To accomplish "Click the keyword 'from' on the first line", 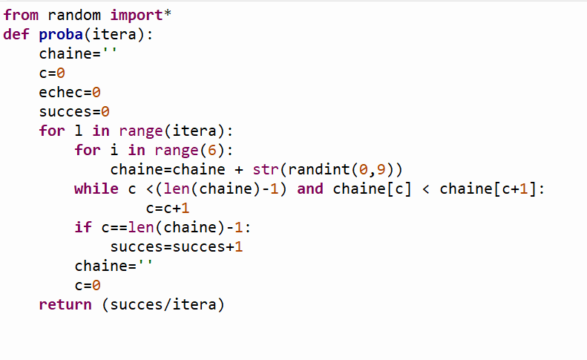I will pyautogui.click(x=21, y=15).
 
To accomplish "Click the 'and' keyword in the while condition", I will pyautogui.click(x=310, y=189).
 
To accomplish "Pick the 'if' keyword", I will pyautogui.click(x=83, y=227).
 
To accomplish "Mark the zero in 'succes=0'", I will pyautogui.click(x=105, y=111).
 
